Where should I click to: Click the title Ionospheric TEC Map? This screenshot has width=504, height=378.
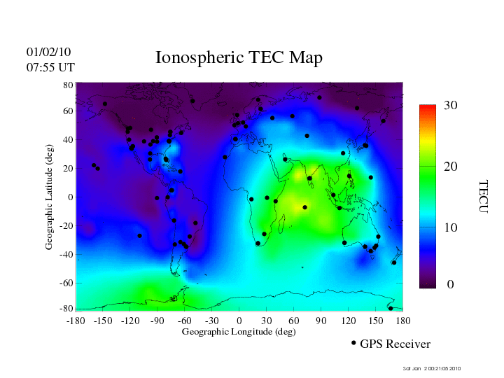click(x=239, y=57)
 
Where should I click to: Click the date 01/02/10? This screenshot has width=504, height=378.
click(x=48, y=52)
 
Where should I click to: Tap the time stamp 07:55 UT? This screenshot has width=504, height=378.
click(x=50, y=67)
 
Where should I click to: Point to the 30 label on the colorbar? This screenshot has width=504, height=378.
click(x=450, y=105)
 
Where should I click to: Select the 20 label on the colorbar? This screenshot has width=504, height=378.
click(x=450, y=169)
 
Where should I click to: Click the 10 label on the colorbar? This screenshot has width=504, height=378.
click(x=450, y=228)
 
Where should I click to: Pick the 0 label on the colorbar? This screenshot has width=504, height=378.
click(x=450, y=285)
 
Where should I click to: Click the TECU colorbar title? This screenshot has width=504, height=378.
click(x=483, y=197)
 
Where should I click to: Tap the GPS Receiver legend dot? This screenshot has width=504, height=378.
click(x=353, y=343)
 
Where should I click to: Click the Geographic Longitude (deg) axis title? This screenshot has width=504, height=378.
click(x=239, y=332)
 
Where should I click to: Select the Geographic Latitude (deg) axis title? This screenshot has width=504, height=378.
click(x=49, y=201)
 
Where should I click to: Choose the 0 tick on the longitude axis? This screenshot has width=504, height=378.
click(x=239, y=321)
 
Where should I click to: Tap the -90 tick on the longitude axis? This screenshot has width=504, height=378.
click(x=157, y=321)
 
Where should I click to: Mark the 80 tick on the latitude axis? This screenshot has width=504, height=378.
click(x=69, y=85)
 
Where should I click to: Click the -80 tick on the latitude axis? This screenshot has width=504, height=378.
click(x=67, y=309)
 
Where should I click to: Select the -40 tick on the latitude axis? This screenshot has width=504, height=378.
click(x=67, y=254)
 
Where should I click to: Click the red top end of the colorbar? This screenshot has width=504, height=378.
click(x=428, y=108)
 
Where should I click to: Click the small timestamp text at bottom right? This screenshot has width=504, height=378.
click(x=432, y=368)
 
